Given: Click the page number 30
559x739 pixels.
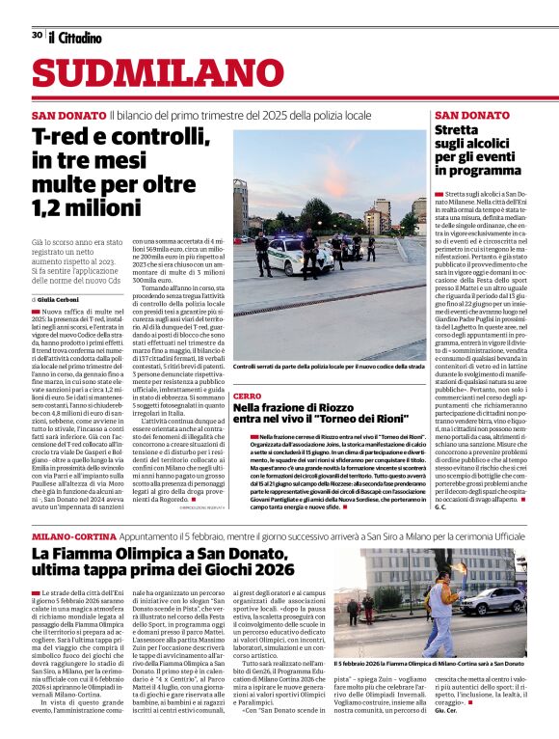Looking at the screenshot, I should [x=36, y=35].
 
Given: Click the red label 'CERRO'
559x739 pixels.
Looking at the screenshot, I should [x=247, y=397].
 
